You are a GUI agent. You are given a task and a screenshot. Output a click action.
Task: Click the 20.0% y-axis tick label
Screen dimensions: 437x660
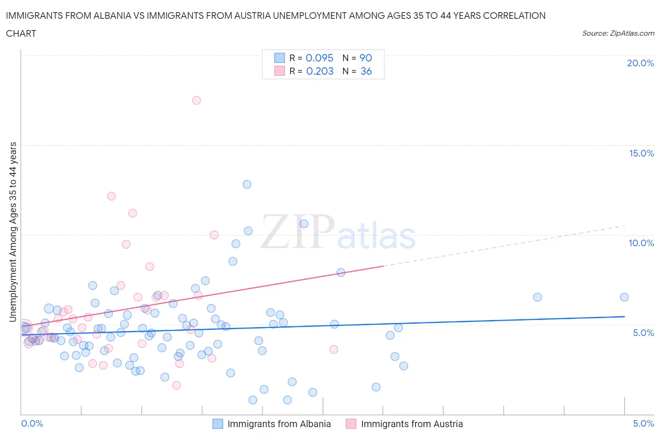pos(640,63)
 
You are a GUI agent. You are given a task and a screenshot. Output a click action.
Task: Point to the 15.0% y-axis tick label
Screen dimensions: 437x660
pos(641,153)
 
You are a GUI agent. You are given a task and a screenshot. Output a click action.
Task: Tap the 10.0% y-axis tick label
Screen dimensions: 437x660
pos(641,243)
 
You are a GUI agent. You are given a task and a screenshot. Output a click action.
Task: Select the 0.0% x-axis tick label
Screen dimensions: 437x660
pos(32,423)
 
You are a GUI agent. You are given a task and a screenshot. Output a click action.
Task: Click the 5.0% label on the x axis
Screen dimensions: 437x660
pos(643,423)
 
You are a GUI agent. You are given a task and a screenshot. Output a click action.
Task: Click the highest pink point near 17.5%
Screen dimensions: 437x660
pos(197,101)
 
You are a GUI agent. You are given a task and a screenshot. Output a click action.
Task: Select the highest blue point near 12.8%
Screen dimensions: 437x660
pos(247,184)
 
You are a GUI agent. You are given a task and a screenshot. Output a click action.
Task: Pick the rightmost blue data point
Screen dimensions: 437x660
pos(624,297)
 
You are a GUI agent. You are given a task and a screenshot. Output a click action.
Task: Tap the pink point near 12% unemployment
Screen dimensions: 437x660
pos(111,196)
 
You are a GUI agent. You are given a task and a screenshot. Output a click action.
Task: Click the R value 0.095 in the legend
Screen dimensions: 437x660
pos(319,58)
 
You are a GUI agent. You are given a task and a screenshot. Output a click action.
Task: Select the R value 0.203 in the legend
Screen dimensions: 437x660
pos(320,71)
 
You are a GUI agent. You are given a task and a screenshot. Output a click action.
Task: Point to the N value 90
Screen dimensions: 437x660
pos(366,58)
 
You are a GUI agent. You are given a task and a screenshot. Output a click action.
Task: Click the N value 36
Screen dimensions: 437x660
pos(366,71)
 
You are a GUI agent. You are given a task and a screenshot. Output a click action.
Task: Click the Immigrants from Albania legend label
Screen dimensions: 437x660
pos(279,424)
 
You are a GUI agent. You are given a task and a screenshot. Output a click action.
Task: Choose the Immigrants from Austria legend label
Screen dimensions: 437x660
pos(412,424)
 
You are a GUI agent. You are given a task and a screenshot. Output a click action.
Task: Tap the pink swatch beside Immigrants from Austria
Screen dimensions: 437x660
pos(351,424)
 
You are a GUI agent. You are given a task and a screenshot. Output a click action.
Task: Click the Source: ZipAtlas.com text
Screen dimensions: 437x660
pos(618,33)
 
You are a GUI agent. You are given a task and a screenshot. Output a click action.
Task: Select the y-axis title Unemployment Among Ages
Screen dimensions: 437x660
pos(13,232)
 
